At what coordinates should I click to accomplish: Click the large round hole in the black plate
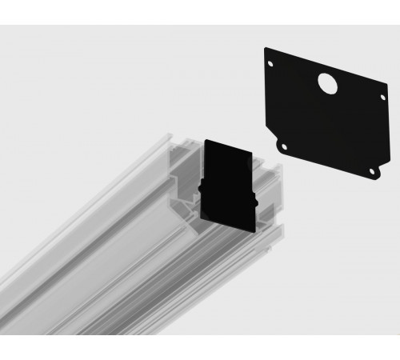tap(326, 82)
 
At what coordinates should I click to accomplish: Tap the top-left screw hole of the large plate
tap(270, 64)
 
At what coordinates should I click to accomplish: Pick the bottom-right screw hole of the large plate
tap(371, 170)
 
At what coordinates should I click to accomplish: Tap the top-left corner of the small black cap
tap(206, 140)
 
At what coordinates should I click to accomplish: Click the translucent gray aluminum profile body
tap(104, 256)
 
